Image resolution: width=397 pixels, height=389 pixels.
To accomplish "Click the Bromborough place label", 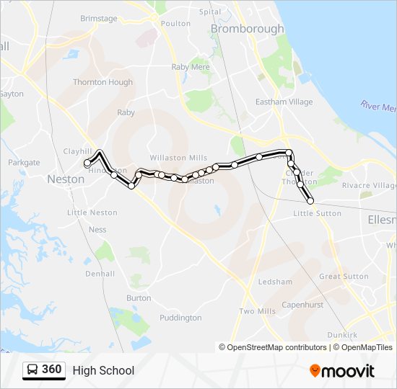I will coord(247,29).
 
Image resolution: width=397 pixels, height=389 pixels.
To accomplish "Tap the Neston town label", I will coord(66,179).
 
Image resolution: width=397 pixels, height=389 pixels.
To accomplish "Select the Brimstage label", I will coord(98,19).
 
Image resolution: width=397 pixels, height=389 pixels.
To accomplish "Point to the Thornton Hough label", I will coord(103,82).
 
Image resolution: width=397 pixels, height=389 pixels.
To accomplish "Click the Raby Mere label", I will coord(191,67).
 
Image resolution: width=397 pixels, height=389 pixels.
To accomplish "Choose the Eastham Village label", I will coord(286,102).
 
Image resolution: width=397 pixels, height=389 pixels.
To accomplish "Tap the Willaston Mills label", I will coord(178,158).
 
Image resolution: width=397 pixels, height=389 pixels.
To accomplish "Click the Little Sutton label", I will coord(318,213).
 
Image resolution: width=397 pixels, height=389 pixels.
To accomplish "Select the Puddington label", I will coord(180,318).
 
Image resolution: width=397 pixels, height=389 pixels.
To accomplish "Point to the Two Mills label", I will coord(258,311).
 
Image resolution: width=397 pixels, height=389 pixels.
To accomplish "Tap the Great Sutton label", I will coord(344,277).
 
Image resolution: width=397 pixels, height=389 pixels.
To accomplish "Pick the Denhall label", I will coord(100,274).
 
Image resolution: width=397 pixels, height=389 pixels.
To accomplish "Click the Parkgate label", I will coord(24,163).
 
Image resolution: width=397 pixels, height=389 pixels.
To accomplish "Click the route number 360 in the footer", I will coord(52,370).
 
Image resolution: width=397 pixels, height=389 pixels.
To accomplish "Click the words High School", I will coord(103,370).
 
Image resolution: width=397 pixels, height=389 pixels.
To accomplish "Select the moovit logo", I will coord(342,371).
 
